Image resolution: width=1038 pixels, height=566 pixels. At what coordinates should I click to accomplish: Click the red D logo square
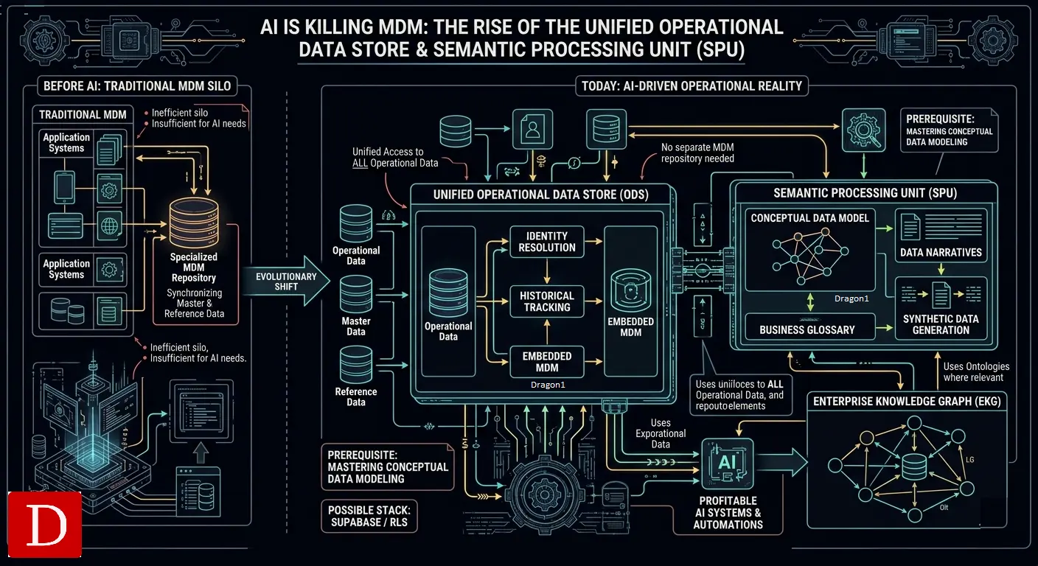point(44,524)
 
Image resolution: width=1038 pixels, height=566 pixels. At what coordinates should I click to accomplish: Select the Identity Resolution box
point(547,242)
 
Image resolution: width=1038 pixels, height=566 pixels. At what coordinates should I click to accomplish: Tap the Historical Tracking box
point(547,301)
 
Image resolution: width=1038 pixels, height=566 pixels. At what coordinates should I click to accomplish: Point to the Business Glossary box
point(807,329)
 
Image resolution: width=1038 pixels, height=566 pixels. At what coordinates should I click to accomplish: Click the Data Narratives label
point(941,252)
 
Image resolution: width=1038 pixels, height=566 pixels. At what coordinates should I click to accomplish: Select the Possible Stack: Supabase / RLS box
point(368,517)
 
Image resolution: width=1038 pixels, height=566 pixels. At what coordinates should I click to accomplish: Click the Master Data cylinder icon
point(356,295)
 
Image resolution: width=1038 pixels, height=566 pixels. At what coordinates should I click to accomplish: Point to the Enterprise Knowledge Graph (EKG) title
point(907,401)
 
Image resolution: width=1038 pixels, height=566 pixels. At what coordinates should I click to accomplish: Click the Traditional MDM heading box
point(83,114)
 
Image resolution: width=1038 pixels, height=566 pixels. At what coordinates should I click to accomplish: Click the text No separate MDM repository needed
point(697,153)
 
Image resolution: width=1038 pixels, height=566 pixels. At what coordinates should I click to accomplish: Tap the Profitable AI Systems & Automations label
point(728,513)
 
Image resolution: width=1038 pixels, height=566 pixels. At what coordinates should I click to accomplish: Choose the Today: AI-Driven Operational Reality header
point(692,86)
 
